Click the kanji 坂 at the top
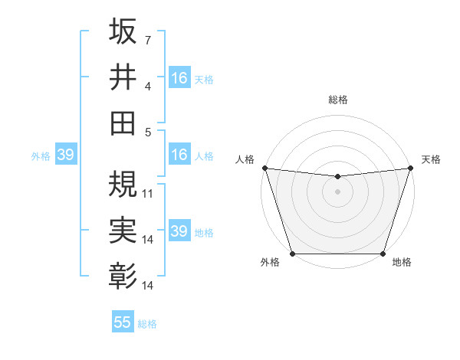coord(123,32)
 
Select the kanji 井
coord(123,77)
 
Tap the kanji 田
coord(123,123)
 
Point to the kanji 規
coord(123,183)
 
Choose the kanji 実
coord(123,228)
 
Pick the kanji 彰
coord(123,273)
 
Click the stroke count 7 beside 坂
coord(148,39)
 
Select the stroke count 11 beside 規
coord(148,193)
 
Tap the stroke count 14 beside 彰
coord(148,286)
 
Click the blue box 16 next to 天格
coord(179,77)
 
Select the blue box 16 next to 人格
coord(179,155)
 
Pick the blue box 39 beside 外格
coord(65,155)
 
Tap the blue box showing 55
coord(123,322)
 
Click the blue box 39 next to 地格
coord(179,231)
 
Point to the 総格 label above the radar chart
coord(337,100)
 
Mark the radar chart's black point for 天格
coord(410,168)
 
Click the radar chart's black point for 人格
coord(264,168)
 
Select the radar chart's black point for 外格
coord(292,254)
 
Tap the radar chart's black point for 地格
coord(383,254)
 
